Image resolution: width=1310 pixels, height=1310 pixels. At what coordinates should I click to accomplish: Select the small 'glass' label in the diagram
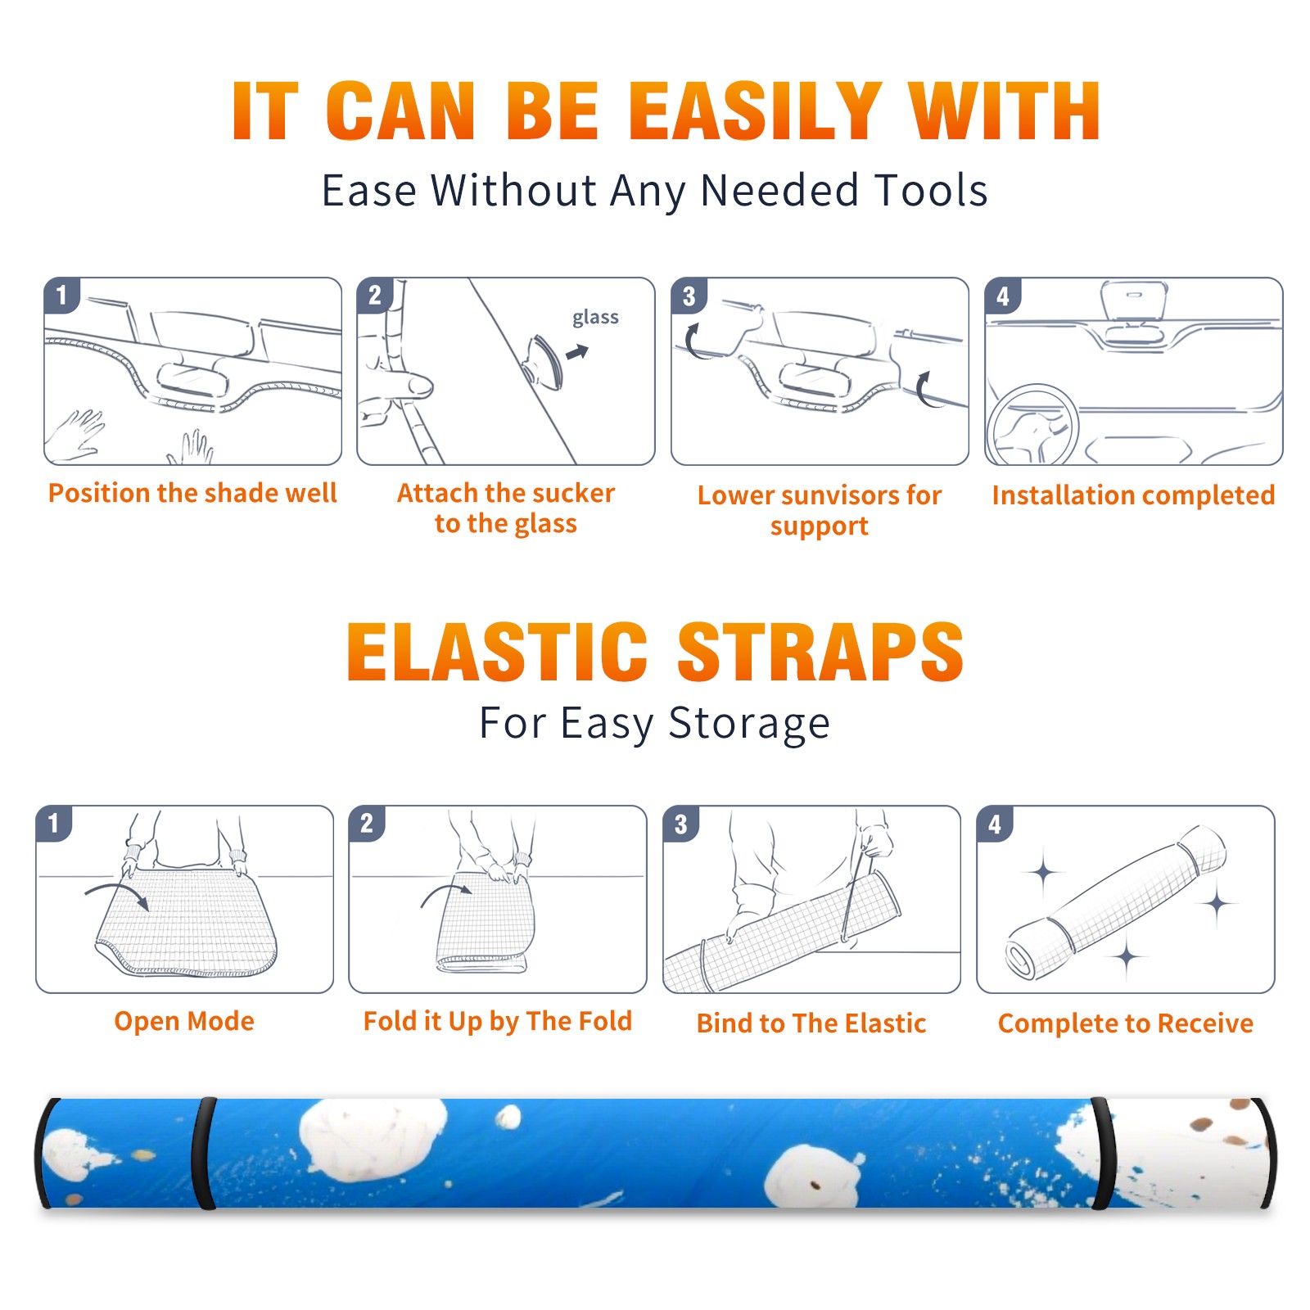click(595, 318)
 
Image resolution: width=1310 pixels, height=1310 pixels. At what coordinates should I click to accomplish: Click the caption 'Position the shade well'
click(192, 493)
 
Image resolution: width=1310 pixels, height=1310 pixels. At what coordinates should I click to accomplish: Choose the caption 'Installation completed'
click(1133, 495)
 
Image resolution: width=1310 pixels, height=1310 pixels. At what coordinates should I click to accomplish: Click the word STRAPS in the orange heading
click(820, 653)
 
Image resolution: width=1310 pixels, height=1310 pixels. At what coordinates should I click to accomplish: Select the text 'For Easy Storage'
click(655, 723)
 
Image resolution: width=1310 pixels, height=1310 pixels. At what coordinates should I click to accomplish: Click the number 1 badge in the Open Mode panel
click(54, 823)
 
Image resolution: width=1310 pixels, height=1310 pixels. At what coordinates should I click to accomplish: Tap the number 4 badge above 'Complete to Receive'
click(995, 824)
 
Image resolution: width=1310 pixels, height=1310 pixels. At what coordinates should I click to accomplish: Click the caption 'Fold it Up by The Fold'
click(498, 1021)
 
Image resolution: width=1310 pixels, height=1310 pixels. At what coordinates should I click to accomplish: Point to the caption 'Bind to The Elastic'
click(811, 1023)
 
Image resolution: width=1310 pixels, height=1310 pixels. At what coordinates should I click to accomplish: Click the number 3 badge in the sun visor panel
click(689, 296)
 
